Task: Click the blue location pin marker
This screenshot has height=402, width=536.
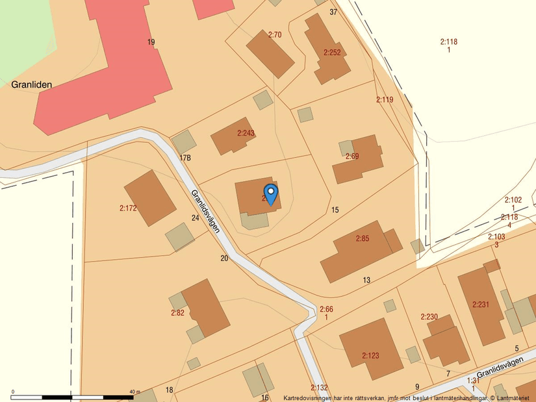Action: click(x=270, y=194)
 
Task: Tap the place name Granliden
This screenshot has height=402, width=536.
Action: click(x=31, y=84)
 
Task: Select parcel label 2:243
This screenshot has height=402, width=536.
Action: click(x=246, y=133)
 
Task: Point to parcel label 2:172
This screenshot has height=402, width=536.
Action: click(x=128, y=208)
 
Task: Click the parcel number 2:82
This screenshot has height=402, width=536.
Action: click(x=177, y=313)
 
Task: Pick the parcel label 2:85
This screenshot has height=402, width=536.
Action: click(x=362, y=239)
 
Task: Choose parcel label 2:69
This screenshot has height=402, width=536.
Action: click(x=352, y=157)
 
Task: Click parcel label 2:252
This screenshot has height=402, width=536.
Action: click(x=331, y=52)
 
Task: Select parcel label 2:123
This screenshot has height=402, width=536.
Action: click(x=370, y=355)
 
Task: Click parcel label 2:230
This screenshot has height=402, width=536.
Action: click(x=429, y=317)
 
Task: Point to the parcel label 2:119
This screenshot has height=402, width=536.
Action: click(x=385, y=100)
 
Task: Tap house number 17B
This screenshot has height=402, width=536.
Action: click(x=185, y=158)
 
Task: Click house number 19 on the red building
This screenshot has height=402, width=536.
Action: click(x=151, y=42)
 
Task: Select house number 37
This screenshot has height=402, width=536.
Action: click(x=333, y=12)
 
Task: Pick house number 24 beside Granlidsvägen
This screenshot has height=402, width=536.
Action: click(x=195, y=218)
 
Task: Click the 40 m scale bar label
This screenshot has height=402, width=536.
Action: click(x=134, y=392)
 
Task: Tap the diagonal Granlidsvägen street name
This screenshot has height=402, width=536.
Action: click(x=205, y=211)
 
